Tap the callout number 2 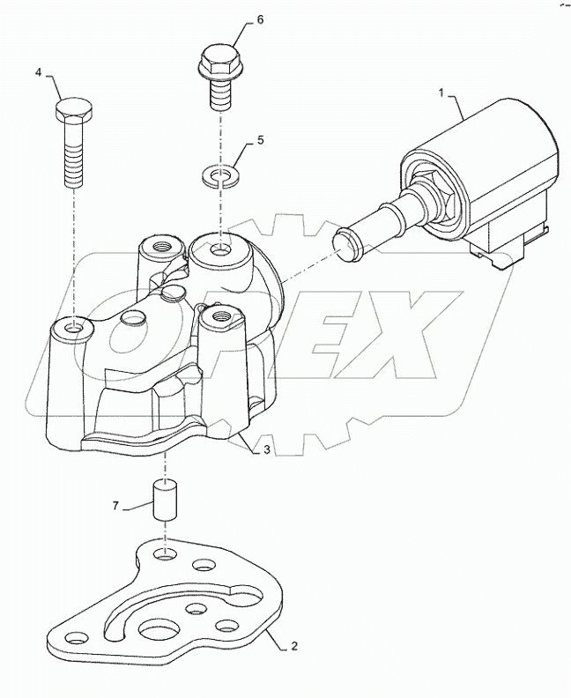coord(293,646)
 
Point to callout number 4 coord(39,72)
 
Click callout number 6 coord(235,19)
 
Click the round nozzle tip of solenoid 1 coord(349,243)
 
